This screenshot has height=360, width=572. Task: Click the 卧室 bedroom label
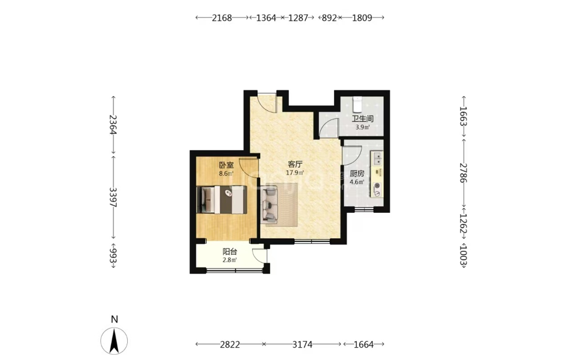coord(226,165)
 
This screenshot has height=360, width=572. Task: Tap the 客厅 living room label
coord(295,164)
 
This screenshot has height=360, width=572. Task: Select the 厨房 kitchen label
coord(357,174)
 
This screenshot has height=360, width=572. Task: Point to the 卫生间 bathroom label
coord(362,118)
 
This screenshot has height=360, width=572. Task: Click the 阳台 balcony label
coord(230,252)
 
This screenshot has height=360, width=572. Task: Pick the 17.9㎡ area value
coord(295,173)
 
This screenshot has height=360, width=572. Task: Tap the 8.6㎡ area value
coord(226,174)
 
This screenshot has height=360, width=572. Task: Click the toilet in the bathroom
coord(357,104)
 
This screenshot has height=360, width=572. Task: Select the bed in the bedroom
coord(222,200)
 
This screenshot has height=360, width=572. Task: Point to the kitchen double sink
coord(377,159)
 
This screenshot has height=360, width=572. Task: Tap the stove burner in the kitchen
coord(377,186)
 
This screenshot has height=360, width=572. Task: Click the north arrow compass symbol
coord(114,341)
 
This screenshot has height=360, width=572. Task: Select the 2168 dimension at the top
coord(222,18)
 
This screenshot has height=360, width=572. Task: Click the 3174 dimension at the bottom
coord(302,344)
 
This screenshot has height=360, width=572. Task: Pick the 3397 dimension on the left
coord(113,198)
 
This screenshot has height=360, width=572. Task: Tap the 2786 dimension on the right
coord(464,173)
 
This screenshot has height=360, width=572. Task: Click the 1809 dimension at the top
coord(362,18)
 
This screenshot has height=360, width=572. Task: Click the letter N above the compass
coord(114,320)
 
